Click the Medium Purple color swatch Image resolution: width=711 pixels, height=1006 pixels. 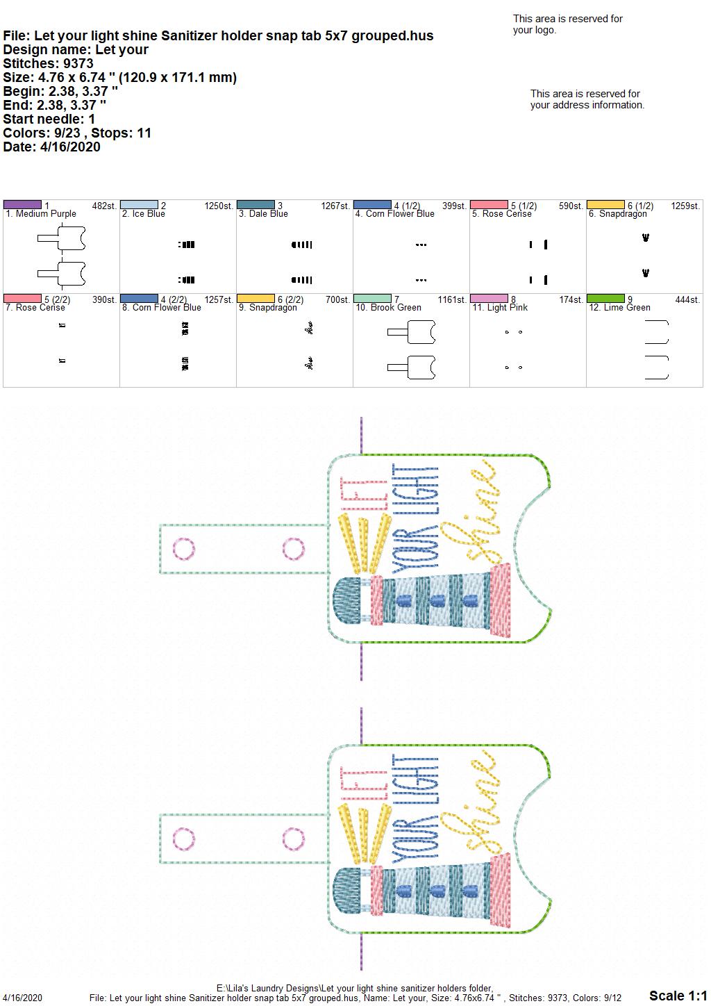point(22,204)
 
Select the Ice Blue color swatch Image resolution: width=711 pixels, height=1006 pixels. point(139,204)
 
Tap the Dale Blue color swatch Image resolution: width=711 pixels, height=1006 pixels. point(256,204)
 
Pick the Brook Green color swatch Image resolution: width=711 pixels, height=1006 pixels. point(373,298)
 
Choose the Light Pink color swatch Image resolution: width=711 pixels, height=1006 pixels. point(490,298)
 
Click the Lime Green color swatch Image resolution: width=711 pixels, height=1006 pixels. point(606,298)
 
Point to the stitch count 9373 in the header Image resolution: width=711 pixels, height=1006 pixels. point(78,63)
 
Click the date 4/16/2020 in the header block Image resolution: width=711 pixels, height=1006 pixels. point(70,147)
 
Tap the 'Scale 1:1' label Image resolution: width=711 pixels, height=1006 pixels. point(678,995)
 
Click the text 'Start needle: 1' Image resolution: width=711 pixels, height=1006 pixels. point(49,119)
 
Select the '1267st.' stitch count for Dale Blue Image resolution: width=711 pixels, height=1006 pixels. point(335,206)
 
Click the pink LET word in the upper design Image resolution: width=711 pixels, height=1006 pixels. point(364,493)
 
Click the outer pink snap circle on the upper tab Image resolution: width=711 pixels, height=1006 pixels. point(183,549)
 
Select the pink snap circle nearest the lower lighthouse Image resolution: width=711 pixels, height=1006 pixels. point(294,839)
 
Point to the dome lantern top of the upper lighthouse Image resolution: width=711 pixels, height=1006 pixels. point(347,600)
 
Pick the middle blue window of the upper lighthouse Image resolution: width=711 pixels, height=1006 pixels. point(437,601)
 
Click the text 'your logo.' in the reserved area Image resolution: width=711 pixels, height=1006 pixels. point(534,30)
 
